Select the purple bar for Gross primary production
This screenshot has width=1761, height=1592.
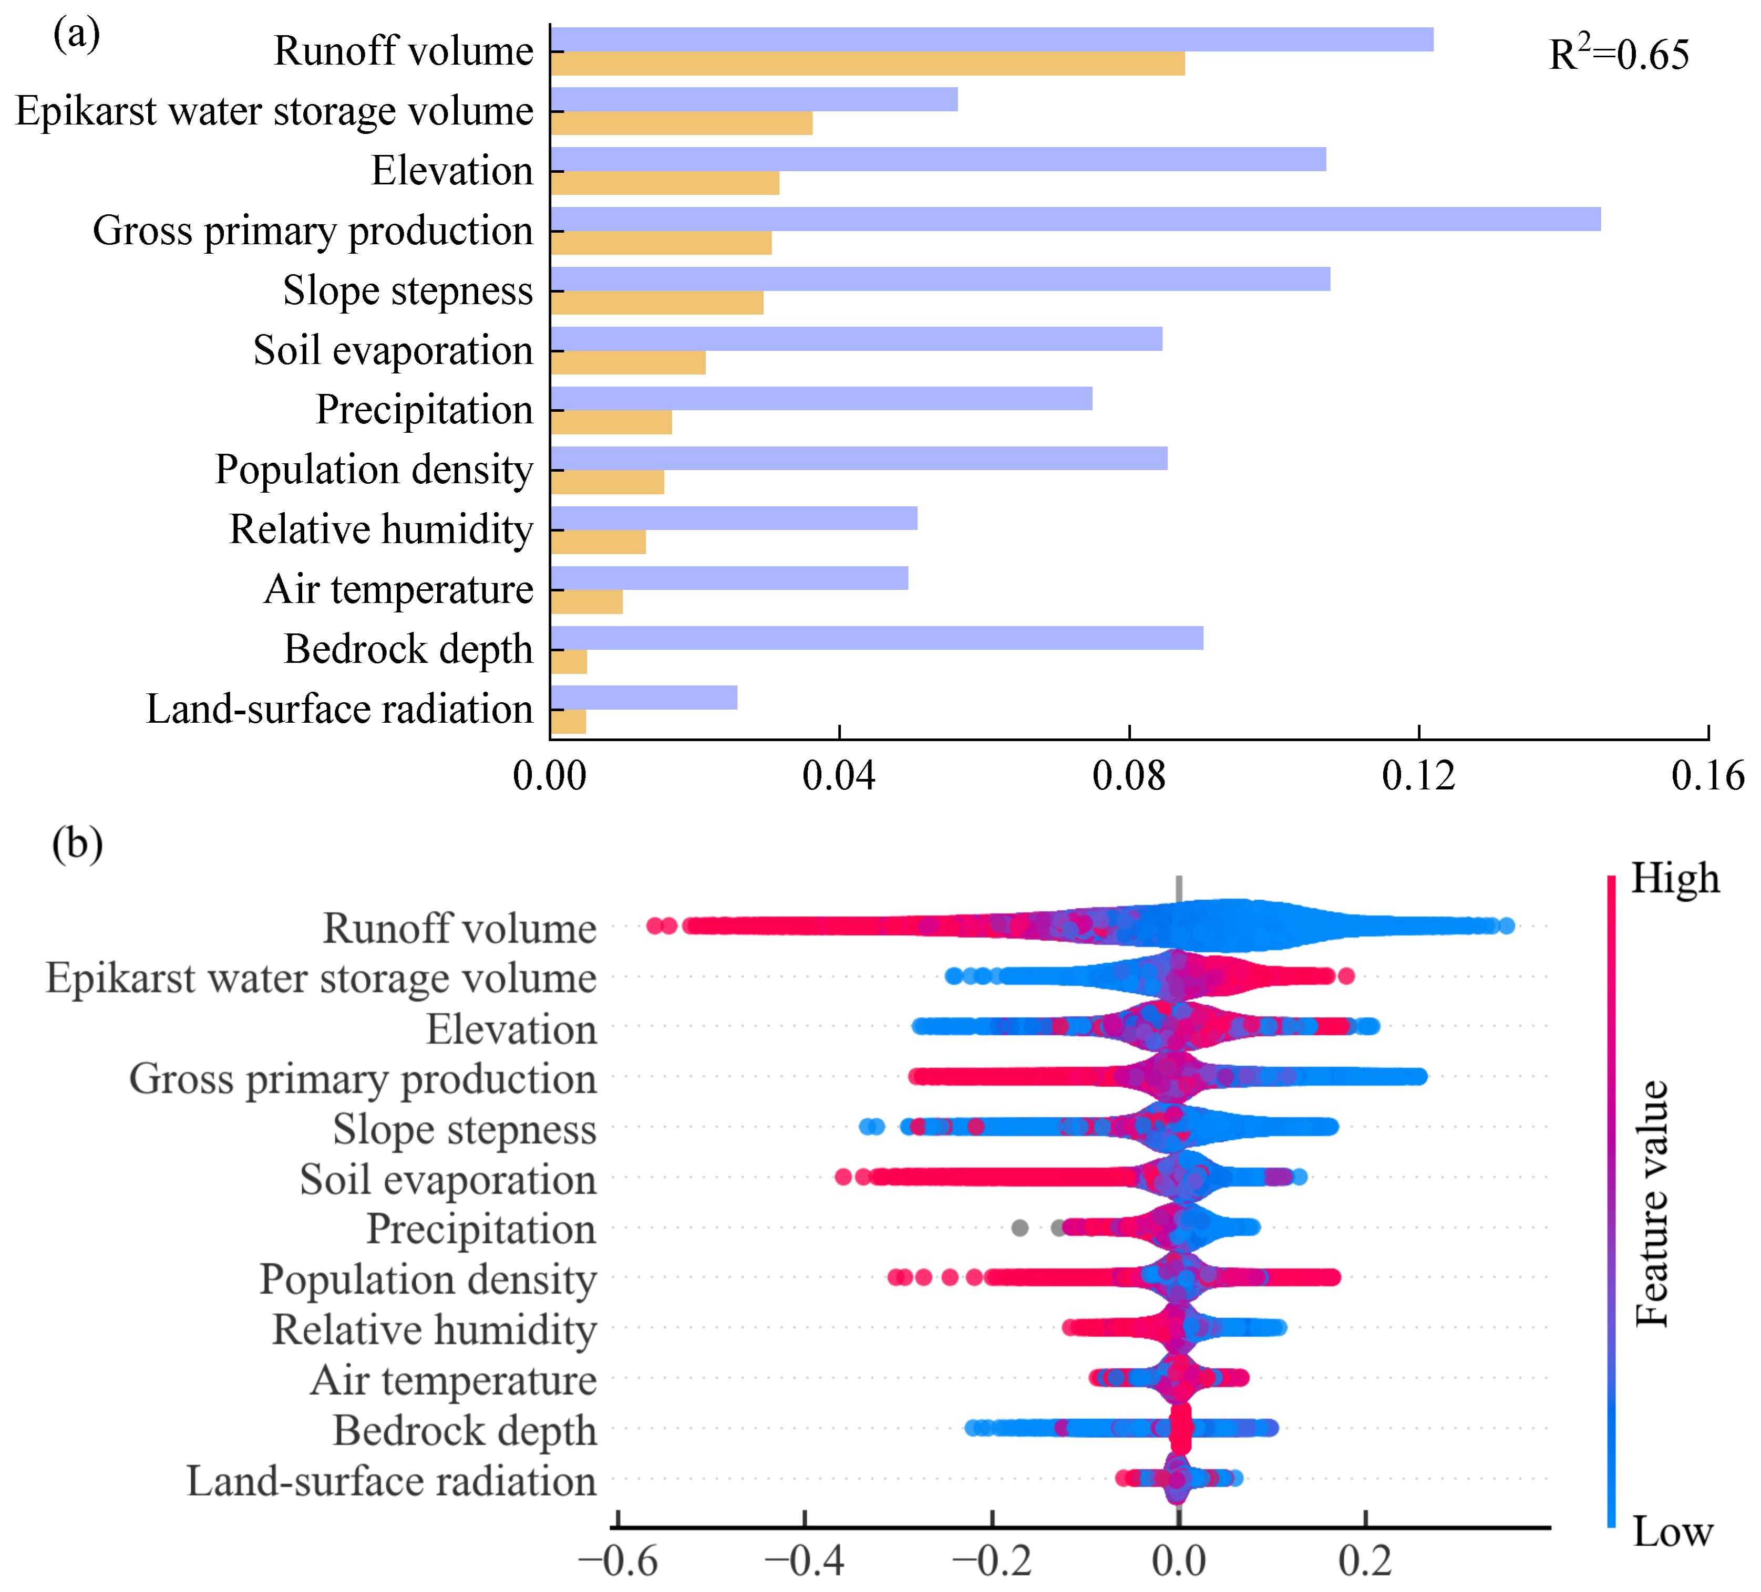(x=1075, y=219)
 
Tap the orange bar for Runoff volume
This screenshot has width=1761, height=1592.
(x=868, y=64)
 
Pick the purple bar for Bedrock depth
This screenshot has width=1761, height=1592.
(x=876, y=638)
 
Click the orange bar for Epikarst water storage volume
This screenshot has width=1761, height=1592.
(x=682, y=123)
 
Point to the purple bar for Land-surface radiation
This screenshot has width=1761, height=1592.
(x=644, y=698)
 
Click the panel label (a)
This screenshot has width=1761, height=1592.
(x=77, y=35)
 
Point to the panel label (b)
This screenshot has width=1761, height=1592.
(x=77, y=845)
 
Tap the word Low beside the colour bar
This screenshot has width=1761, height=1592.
(x=1672, y=1533)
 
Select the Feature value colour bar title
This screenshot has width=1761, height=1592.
(x=1651, y=1205)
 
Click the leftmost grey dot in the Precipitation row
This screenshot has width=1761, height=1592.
(x=1019, y=1228)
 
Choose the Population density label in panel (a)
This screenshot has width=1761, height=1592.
(x=374, y=470)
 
